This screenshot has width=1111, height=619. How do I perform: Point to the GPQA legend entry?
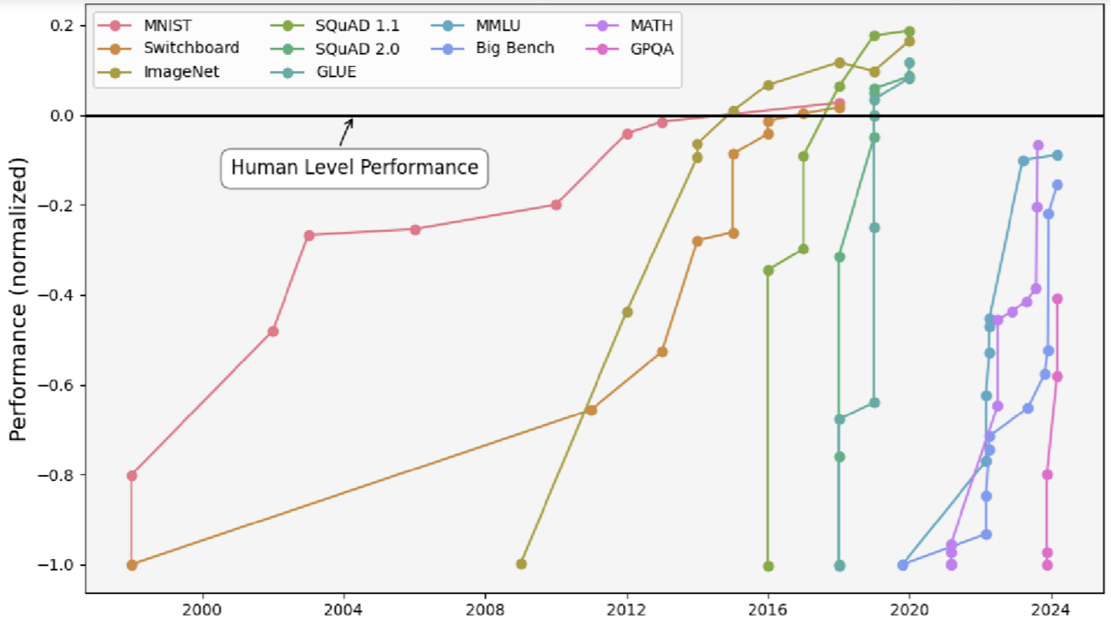coord(652,49)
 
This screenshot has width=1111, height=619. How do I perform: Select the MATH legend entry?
coord(652,26)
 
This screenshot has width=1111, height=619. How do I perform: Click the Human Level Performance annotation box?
coord(354,168)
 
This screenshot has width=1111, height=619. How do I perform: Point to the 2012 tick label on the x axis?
coord(627,609)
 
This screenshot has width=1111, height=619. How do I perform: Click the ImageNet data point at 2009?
coord(521,563)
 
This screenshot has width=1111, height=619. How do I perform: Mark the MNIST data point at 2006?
coord(415,229)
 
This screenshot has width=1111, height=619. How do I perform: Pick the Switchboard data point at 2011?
coord(591,410)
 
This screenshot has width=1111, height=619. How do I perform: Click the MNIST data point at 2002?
coord(273,331)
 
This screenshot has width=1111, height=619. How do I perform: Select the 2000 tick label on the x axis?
coord(203,609)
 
